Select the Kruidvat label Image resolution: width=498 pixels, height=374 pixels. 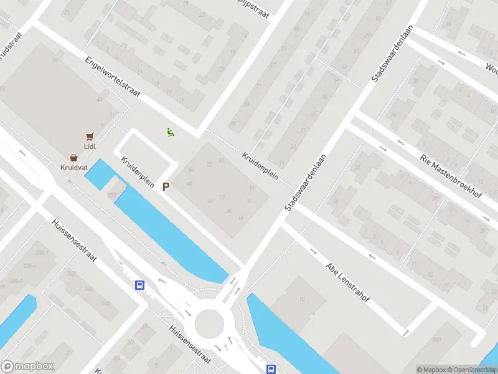[x=74, y=168]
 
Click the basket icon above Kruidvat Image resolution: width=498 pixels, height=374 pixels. [x=74, y=158]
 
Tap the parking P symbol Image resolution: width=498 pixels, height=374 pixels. [x=166, y=186]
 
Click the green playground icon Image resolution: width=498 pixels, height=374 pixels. [x=169, y=132]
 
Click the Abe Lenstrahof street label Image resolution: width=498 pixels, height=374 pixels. [x=347, y=282]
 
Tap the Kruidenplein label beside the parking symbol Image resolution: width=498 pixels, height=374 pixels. [x=138, y=171]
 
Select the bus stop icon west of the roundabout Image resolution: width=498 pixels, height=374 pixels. [x=140, y=285]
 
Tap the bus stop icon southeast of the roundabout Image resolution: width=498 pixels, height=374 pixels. [x=271, y=368]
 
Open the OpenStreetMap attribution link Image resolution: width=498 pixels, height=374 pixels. [x=472, y=369]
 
